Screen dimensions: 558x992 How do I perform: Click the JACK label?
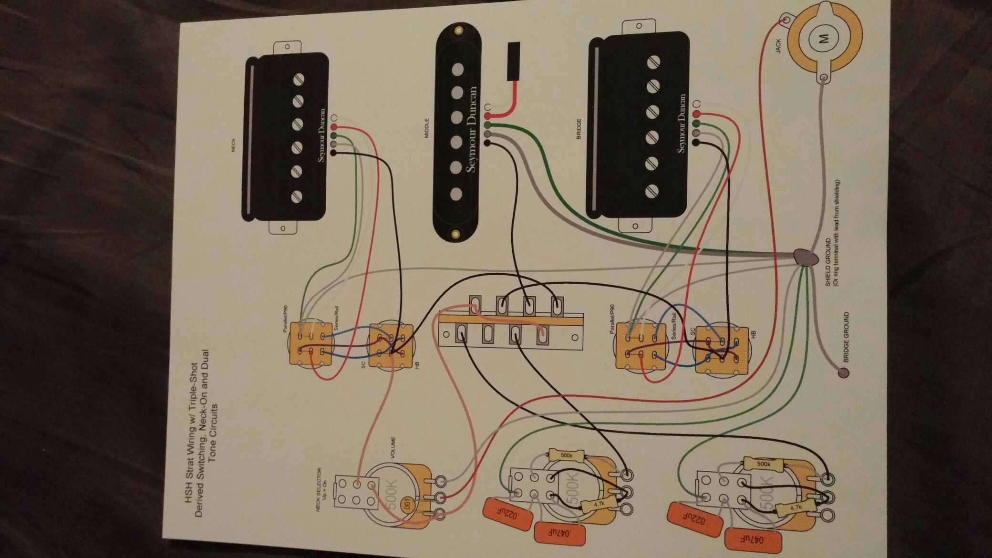pyautogui.click(x=778, y=46)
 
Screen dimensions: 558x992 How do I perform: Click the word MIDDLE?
pyautogui.click(x=427, y=128)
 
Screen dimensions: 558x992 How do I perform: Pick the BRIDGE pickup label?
pyautogui.click(x=579, y=129)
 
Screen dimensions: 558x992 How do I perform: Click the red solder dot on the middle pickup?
pyautogui.click(x=487, y=116)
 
